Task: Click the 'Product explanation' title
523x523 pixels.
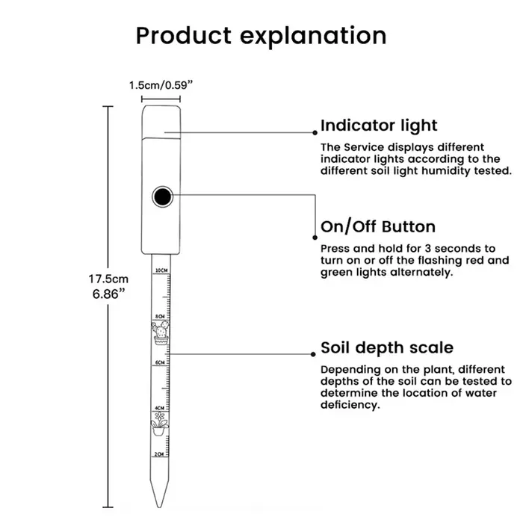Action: pos(261,36)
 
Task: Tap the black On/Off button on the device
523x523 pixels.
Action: pos(162,196)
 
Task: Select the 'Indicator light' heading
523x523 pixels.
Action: pos(379,126)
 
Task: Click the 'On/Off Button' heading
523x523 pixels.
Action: pos(378,227)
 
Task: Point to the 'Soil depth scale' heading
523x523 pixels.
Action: pos(387,348)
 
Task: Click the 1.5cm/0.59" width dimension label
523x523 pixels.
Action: pos(161,85)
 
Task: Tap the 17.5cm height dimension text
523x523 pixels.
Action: pos(108,279)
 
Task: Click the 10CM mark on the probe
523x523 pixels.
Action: pos(161,270)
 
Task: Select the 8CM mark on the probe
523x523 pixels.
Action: pos(160,316)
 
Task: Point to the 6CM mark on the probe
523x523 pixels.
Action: pos(160,362)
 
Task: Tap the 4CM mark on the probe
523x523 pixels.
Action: pos(159,408)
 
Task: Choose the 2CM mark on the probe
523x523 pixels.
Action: pos(159,454)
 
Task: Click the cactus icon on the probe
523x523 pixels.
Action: pos(161,332)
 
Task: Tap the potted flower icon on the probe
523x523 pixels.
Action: pos(159,424)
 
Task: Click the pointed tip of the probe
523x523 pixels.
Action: pos(158,507)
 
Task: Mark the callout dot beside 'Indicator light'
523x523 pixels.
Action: pos(315,133)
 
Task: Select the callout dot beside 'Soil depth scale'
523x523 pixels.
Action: pos(313,354)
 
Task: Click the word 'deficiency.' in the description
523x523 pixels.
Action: pos(350,405)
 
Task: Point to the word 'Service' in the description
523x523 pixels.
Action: pos(364,147)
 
